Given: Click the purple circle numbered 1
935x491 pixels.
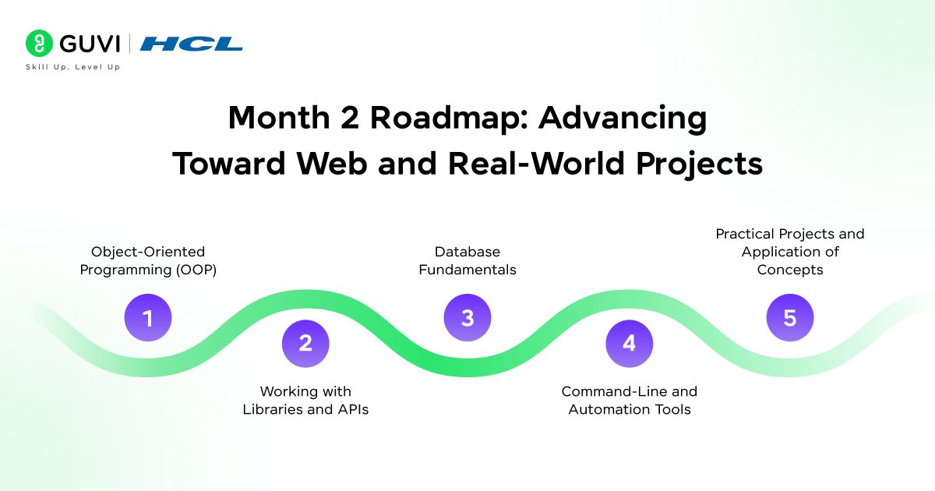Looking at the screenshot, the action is tap(148, 318).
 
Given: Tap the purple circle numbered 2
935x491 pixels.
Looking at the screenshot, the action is tap(305, 344).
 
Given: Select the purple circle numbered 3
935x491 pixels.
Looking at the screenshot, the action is tap(467, 318).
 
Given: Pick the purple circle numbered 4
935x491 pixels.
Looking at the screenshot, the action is tap(630, 344).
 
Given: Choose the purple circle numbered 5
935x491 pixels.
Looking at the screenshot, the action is tap(790, 318).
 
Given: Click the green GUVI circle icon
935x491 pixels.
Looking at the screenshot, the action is tap(39, 43).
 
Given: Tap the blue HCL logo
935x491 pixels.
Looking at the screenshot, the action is tap(191, 44).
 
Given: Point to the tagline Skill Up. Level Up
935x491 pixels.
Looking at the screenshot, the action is tap(73, 67).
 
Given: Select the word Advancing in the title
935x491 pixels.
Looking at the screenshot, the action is tap(623, 118).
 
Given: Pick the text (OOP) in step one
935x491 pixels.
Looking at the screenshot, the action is tap(196, 270).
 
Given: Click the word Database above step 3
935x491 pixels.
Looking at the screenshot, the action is tap(467, 252).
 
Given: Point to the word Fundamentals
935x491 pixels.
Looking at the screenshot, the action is tap(467, 270).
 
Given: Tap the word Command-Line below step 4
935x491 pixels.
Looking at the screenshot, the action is tap(614, 391).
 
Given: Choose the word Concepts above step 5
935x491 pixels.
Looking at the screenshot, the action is tap(790, 270).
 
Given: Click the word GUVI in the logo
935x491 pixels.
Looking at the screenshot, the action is tap(90, 44).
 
